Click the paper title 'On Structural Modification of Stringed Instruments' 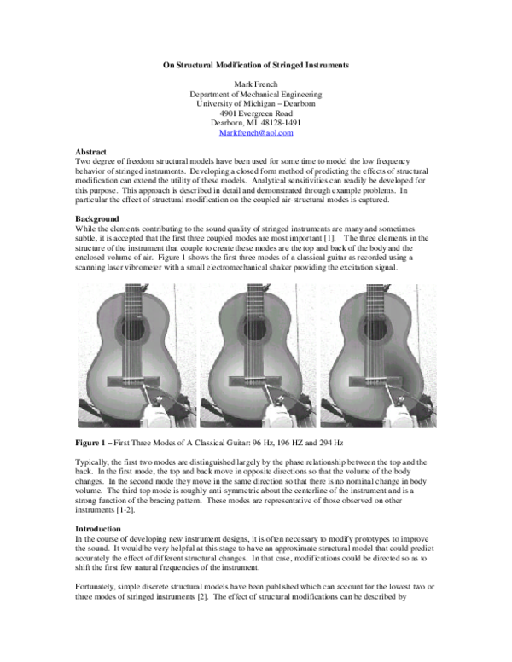point(256,66)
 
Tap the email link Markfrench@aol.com point(256,133)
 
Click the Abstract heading point(91,151)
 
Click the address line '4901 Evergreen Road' point(256,113)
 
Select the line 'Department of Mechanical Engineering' point(256,95)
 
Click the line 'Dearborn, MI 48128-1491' point(256,123)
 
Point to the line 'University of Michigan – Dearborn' point(256,104)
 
